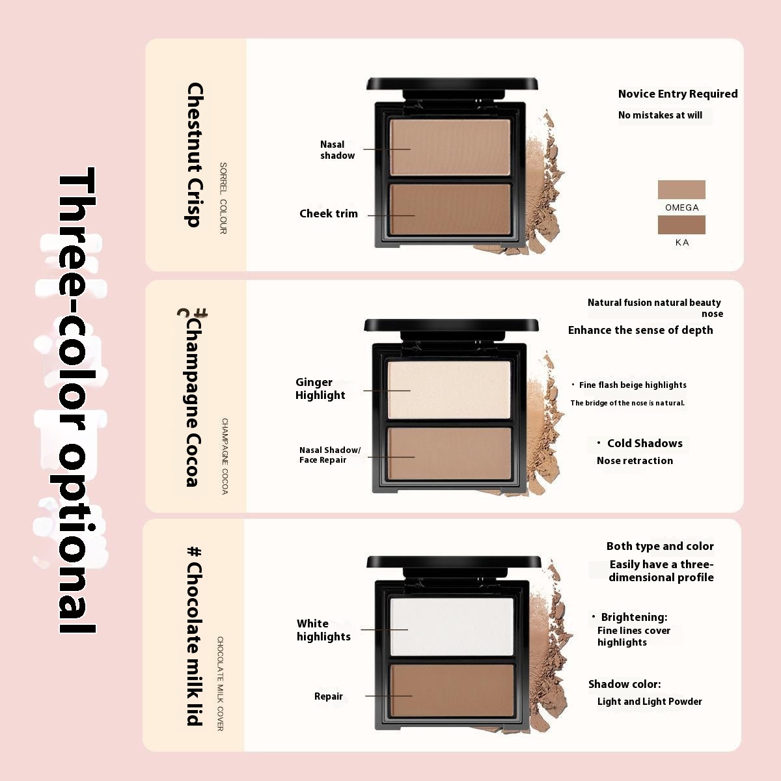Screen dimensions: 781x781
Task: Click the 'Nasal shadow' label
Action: point(337,150)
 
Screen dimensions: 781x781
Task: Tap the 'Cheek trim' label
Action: point(328,213)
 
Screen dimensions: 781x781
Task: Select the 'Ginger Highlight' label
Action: point(320,389)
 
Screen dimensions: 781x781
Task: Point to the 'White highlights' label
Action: point(323,630)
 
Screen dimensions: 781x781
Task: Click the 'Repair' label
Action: point(328,696)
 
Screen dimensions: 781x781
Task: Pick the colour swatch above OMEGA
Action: point(681,189)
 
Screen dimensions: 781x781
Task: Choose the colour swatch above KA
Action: point(681,225)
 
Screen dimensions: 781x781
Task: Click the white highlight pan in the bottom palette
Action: point(452,627)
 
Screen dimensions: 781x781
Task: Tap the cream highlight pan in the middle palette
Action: point(449,390)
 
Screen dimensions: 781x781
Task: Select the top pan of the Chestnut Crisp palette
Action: point(450,147)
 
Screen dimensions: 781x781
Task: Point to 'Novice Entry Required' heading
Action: point(678,94)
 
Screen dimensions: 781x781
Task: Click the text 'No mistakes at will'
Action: point(660,115)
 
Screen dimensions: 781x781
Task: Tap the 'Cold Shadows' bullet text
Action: point(644,443)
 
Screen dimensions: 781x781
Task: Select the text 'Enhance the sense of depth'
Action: point(640,331)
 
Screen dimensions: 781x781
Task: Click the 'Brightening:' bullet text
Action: point(634,617)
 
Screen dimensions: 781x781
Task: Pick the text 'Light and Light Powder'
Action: point(650,702)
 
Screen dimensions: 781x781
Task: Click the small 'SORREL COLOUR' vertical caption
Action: point(223,199)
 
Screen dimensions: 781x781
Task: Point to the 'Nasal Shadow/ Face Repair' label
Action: point(330,455)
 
